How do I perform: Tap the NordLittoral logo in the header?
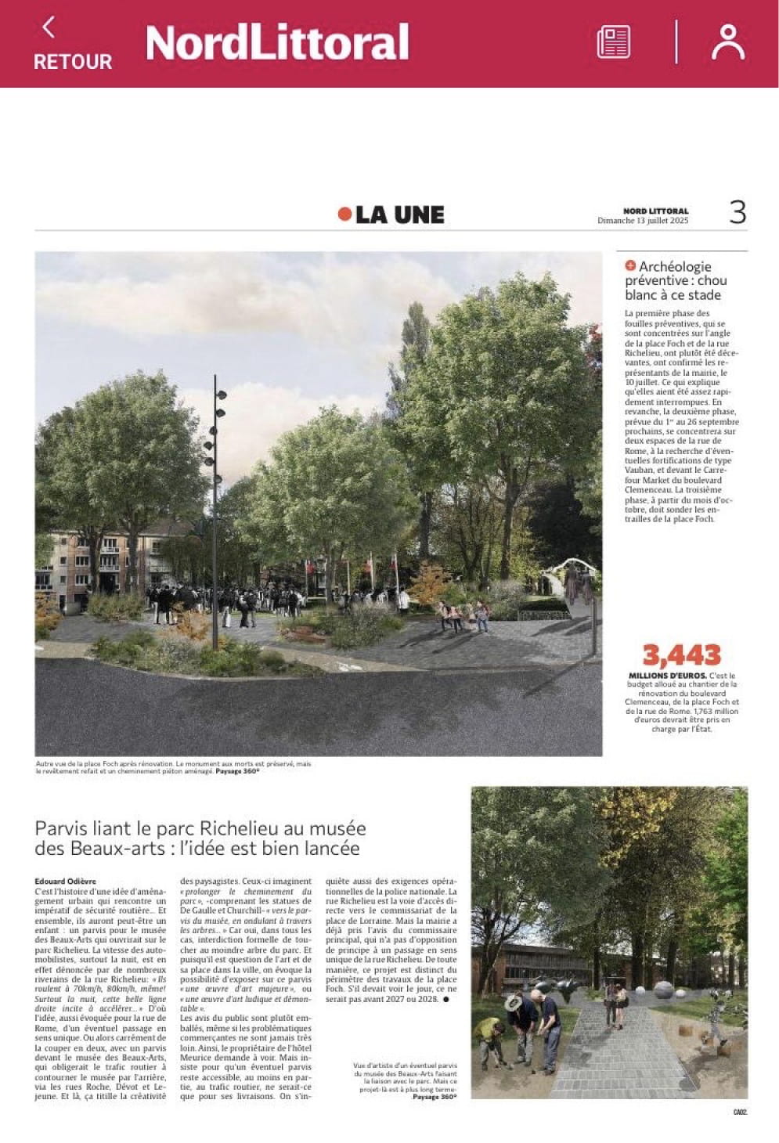[x=277, y=42]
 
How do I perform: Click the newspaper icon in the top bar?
[x=613, y=41]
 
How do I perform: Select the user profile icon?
[x=727, y=42]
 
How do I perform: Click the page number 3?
[x=737, y=213]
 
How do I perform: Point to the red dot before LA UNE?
[x=344, y=214]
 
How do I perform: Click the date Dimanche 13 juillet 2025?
[x=642, y=221]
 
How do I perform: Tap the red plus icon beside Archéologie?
[x=630, y=266]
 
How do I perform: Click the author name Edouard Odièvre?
[x=66, y=882]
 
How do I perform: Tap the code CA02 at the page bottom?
[x=739, y=1111]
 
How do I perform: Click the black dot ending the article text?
[x=446, y=1000]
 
